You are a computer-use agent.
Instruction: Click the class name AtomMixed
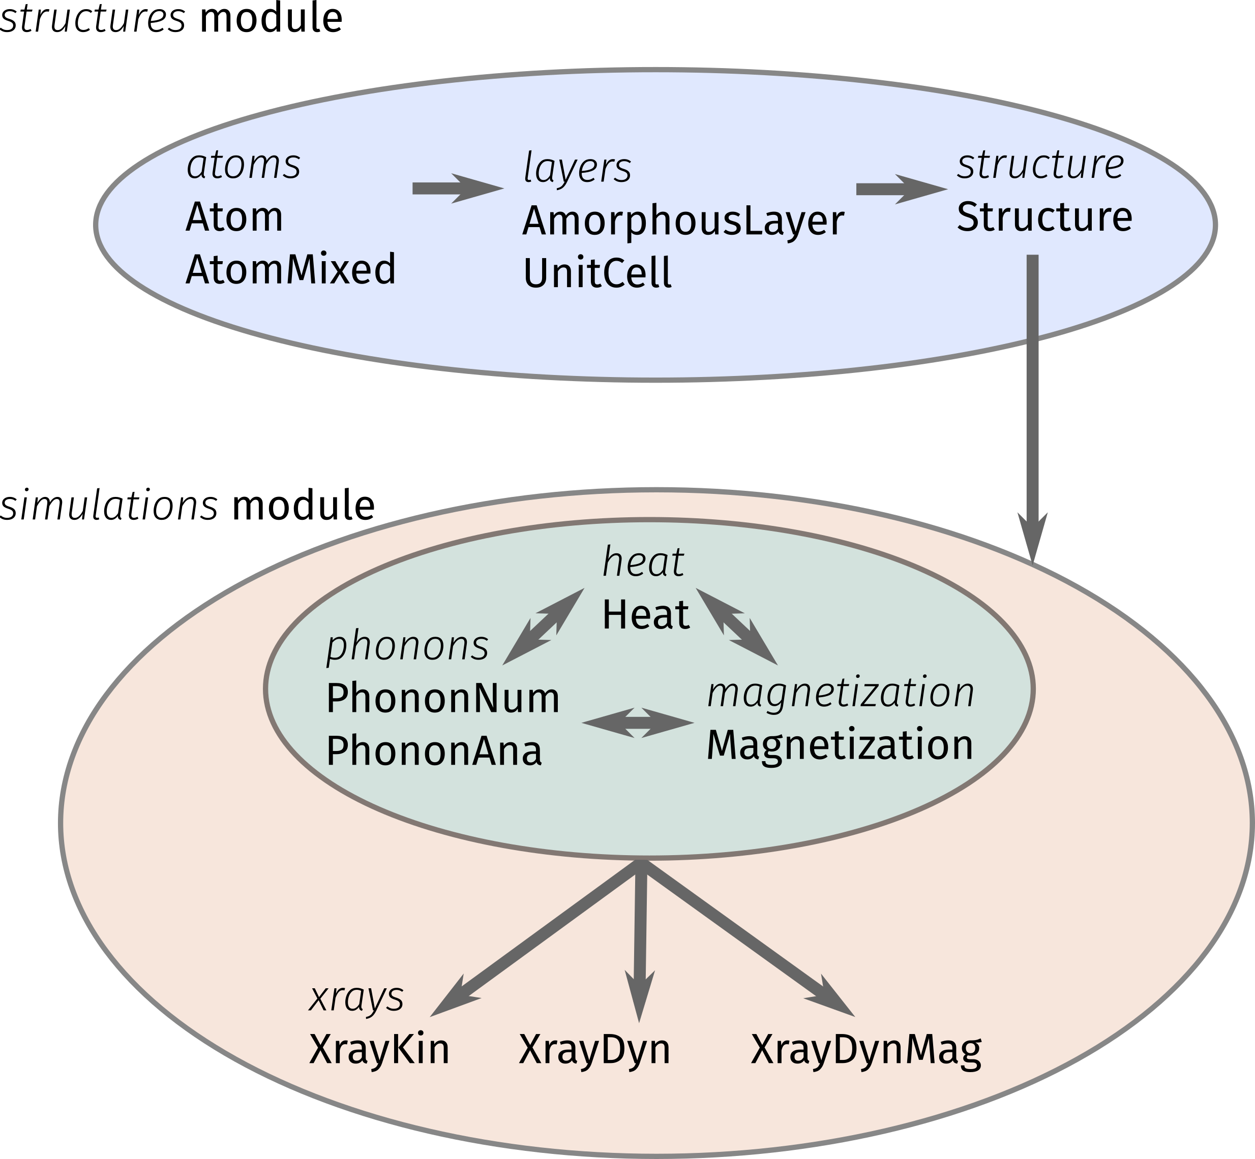pos(290,269)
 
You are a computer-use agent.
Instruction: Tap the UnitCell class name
pos(597,273)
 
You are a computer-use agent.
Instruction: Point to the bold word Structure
pos(1044,216)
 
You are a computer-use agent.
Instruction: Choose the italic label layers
pos(577,168)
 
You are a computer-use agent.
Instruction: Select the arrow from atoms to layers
pos(458,188)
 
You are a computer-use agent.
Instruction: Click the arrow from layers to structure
pos(902,189)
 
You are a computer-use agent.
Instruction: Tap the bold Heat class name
pos(646,615)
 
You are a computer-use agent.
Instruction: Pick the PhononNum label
pos(443,698)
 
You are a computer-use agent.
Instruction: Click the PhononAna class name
pos(434,750)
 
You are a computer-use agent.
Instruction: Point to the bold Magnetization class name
pos(840,745)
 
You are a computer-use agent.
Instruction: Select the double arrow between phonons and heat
pos(544,626)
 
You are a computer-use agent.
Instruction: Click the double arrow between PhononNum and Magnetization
pos(638,723)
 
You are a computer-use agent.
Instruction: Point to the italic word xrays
pos(356,998)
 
